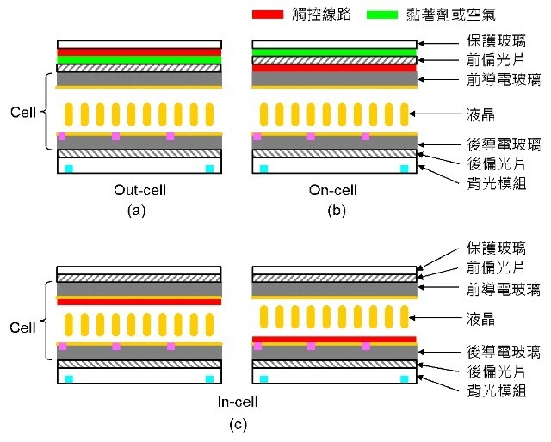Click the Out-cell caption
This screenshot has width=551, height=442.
click(x=139, y=190)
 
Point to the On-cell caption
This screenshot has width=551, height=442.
click(x=333, y=190)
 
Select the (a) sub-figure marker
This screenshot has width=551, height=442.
click(x=139, y=211)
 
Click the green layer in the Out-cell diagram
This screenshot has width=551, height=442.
click(x=139, y=60)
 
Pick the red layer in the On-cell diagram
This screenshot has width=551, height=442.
click(x=333, y=68)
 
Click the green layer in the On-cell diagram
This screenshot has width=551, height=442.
click(x=333, y=52)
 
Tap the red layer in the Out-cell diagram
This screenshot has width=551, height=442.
click(x=139, y=52)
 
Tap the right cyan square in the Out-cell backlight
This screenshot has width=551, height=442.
click(x=209, y=168)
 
